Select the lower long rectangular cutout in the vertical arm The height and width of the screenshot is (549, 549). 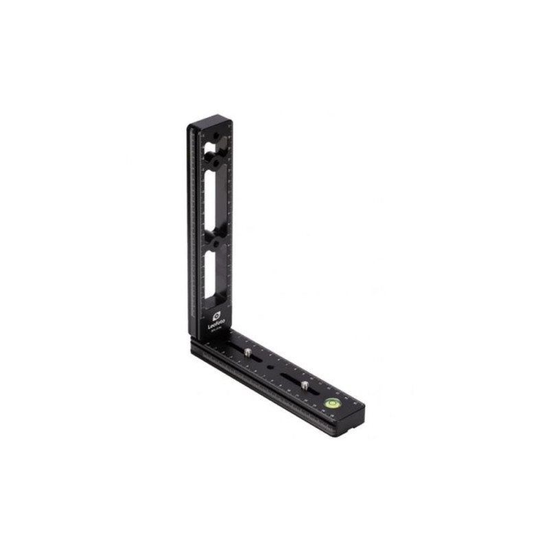pos(211,274)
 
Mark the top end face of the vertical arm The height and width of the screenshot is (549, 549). pos(209,124)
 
